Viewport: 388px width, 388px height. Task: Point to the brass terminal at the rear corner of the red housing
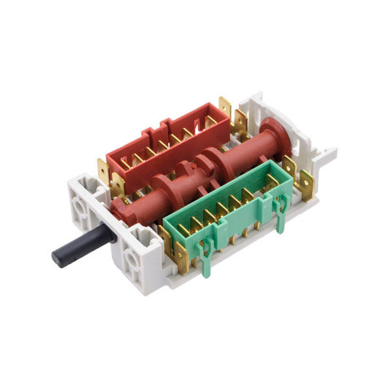click(x=224, y=108)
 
